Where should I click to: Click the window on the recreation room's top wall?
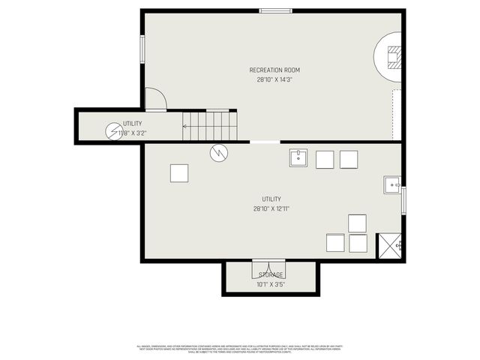click(275, 10)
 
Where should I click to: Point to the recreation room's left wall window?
click(142, 49)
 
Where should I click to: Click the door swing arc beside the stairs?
click(156, 99)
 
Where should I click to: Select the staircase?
click(209, 126)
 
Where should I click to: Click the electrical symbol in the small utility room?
click(113, 132)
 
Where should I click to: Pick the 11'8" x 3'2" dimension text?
click(133, 133)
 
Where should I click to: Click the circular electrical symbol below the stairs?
click(218, 153)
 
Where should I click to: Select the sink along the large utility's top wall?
click(298, 158)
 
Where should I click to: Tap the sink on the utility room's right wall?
click(392, 184)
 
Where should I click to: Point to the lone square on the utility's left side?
click(179, 173)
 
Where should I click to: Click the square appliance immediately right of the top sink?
click(325, 159)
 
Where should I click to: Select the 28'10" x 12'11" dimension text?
click(271, 209)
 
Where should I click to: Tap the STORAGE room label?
click(271, 274)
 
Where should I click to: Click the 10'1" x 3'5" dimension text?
click(271, 284)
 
